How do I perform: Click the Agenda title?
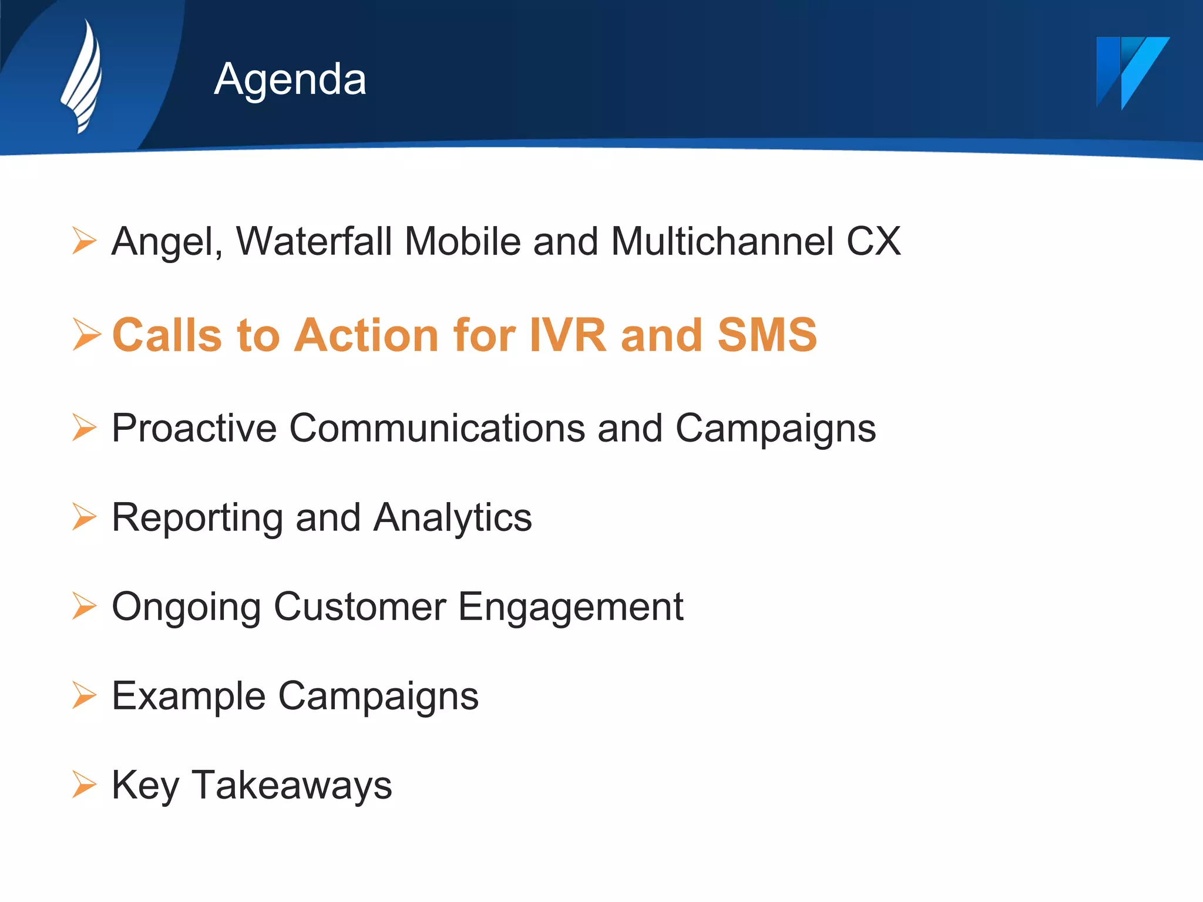coord(290,79)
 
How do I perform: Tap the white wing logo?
coord(83,76)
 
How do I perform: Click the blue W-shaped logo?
coord(1131,72)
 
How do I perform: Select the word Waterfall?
coord(314,241)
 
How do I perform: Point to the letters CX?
coord(873,241)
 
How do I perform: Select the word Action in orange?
coord(367,335)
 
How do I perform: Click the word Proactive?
coord(194,428)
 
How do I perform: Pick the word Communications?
coord(437,428)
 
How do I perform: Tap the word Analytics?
coord(452,518)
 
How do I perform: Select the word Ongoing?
coord(186,607)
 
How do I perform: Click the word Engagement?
coord(570,607)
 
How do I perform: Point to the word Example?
coord(189,696)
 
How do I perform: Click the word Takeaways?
coord(292,785)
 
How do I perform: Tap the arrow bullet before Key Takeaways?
coord(84,785)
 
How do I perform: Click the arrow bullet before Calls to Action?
coord(86,335)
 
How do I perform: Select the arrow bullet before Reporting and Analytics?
coord(84,517)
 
